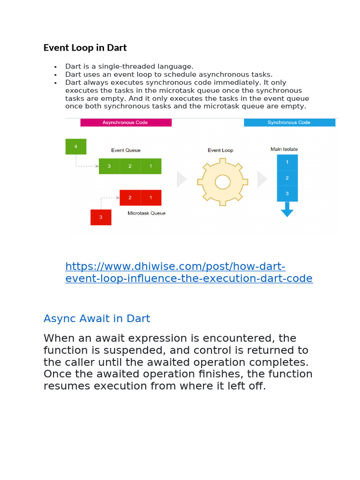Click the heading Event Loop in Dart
(x=85, y=48)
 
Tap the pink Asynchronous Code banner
(x=126, y=122)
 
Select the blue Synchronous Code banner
(x=289, y=122)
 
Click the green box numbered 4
(x=76, y=147)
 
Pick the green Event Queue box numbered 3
(x=109, y=166)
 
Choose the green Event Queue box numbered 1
(x=151, y=166)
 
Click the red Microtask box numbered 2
(x=130, y=197)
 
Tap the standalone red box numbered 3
(x=101, y=217)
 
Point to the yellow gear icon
(x=222, y=181)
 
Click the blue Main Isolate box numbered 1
(x=287, y=162)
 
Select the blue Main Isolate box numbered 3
(x=287, y=194)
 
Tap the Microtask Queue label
(x=146, y=213)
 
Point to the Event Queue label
(x=126, y=150)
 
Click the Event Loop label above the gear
(x=220, y=150)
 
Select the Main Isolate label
(x=284, y=149)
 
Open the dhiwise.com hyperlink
(x=188, y=272)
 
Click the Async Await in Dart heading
(x=97, y=319)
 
